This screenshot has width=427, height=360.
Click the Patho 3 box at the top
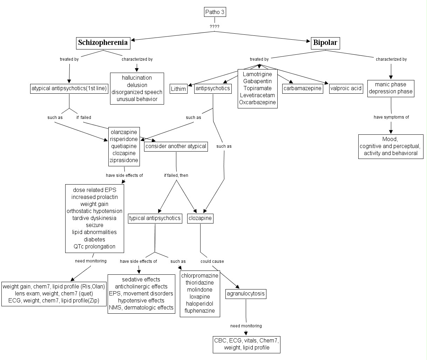pyautogui.click(x=215, y=12)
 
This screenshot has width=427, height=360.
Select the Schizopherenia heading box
pyautogui.click(x=103, y=43)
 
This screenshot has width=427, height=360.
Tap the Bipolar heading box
pyautogui.click(x=325, y=43)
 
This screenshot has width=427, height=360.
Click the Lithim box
pyautogui.click(x=178, y=89)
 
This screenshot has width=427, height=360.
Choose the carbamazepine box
pyautogui.click(x=302, y=88)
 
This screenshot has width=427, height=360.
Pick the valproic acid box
pyautogui.click(x=346, y=88)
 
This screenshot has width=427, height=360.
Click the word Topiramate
pyautogui.click(x=257, y=88)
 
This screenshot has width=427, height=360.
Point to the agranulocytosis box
pyautogui.click(x=245, y=293)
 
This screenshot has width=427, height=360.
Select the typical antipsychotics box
pyautogui.click(x=155, y=218)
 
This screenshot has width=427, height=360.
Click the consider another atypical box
pyautogui.click(x=176, y=146)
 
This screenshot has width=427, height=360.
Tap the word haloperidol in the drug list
pyautogui.click(x=200, y=304)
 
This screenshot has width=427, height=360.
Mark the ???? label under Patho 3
pyautogui.click(x=215, y=27)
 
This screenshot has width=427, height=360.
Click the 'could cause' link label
pyautogui.click(x=212, y=261)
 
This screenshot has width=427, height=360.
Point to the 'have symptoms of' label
pyautogui.click(x=391, y=117)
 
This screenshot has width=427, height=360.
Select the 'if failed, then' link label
pyautogui.click(x=176, y=175)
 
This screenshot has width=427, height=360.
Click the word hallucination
pyautogui.click(x=137, y=78)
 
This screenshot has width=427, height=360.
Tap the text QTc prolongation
pyautogui.click(x=94, y=246)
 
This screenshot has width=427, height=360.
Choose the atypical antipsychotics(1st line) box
pyautogui.click(x=69, y=88)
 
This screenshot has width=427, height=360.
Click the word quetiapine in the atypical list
pyautogui.click(x=124, y=146)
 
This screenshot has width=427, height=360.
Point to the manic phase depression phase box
pyautogui.click(x=391, y=88)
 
